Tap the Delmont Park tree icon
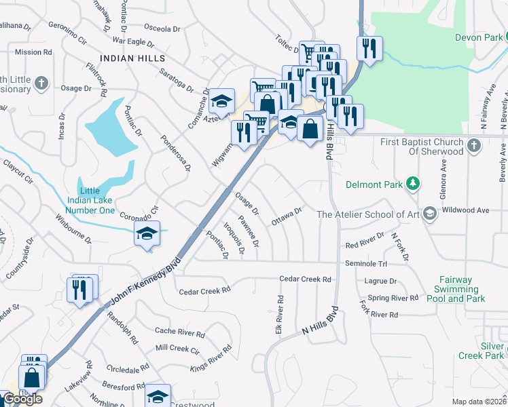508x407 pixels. click(412, 183)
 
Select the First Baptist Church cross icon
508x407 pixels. click(475, 143)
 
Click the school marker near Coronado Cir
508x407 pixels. click(147, 233)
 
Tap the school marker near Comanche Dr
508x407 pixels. click(221, 101)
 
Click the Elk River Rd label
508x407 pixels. click(279, 309)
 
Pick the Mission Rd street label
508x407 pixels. click(33, 52)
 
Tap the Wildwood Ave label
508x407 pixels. click(465, 210)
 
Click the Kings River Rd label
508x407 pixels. click(211, 358)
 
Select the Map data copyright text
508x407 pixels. click(479, 402)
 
